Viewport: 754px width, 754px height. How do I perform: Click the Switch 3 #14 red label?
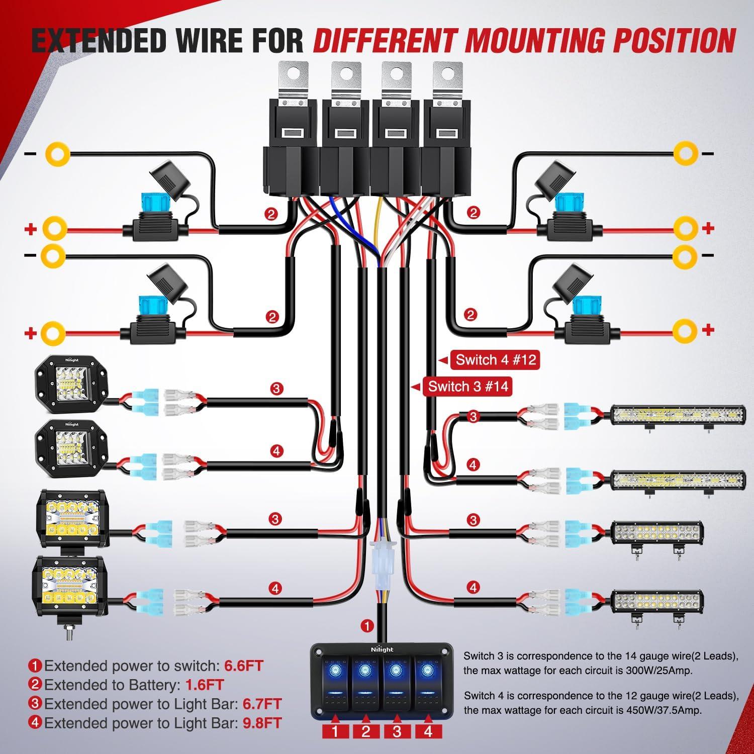(467, 387)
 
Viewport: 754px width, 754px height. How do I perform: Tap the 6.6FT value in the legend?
(243, 666)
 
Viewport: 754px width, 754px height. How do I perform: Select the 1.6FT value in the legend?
(204, 685)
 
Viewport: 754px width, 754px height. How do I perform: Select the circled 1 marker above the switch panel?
(367, 626)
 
